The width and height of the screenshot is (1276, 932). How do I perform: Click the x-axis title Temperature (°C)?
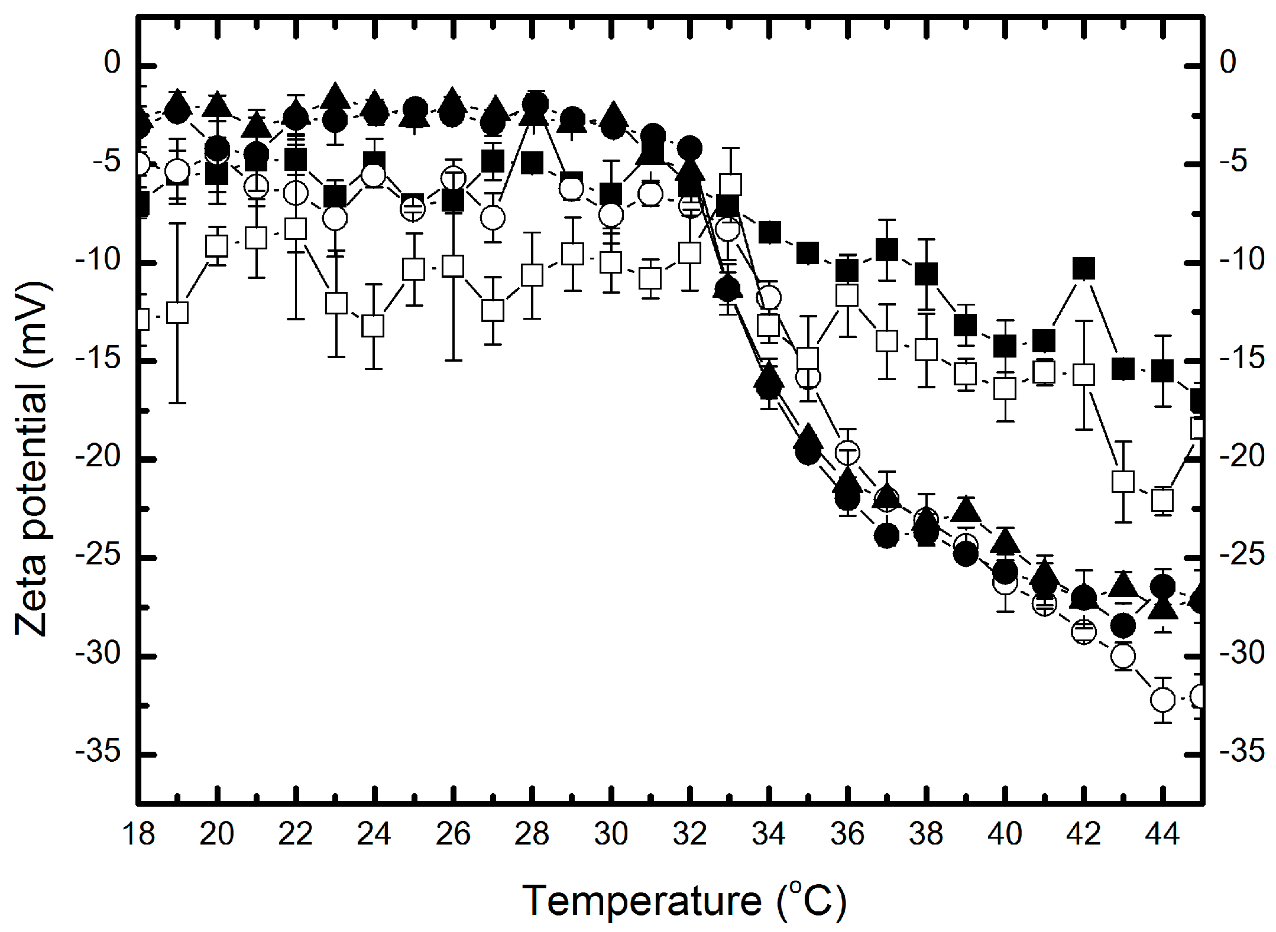coord(684,901)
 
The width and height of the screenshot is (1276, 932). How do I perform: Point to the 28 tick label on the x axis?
coord(532,834)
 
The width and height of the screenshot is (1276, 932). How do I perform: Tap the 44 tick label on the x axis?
coord(1162,834)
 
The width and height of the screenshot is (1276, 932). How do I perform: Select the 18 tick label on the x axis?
coord(138,834)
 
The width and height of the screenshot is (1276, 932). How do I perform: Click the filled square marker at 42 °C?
coord(1084,269)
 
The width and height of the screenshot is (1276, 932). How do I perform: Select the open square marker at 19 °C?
coord(177,313)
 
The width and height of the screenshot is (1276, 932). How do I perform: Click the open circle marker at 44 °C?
coord(1162,700)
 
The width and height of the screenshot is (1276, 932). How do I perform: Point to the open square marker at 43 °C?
coord(1123,482)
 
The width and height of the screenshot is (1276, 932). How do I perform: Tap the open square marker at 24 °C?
coord(374,326)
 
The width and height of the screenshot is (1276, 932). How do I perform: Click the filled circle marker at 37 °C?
coord(886,536)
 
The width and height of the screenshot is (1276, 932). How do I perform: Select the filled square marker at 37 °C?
coord(886,250)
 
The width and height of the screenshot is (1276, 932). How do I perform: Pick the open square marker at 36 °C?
coord(847,295)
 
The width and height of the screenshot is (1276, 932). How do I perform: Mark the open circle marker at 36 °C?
coord(847,453)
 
